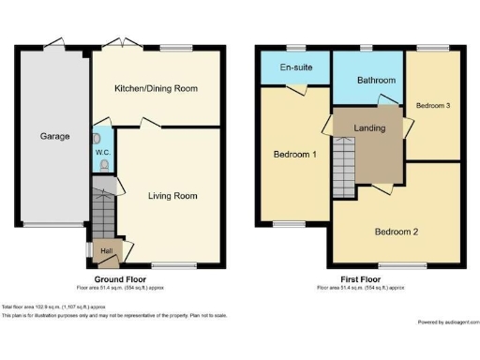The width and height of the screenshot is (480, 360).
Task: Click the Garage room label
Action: [x=54, y=137]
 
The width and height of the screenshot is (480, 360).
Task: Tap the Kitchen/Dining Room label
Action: [x=156, y=88]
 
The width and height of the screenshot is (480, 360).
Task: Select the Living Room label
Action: [x=172, y=196]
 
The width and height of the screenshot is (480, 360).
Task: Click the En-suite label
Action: [x=296, y=67]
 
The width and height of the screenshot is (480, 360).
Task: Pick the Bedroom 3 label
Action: [x=433, y=106]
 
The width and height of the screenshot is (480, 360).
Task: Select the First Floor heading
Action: [x=361, y=279]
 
